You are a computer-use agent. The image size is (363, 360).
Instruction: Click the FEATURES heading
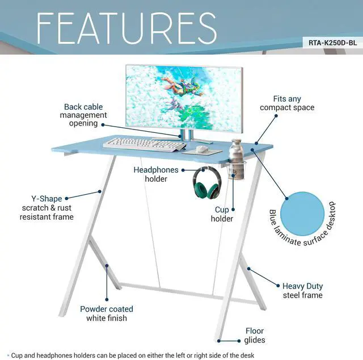click(126, 28)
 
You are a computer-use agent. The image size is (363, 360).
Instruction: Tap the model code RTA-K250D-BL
click(334, 41)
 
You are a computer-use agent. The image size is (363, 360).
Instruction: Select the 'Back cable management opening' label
click(85, 115)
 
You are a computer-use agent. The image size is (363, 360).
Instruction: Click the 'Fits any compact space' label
click(286, 103)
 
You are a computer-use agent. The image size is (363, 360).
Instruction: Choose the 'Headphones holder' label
click(156, 174)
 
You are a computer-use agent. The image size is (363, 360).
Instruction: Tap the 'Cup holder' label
click(222, 214)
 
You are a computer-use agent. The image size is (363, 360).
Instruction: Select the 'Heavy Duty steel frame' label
click(302, 290)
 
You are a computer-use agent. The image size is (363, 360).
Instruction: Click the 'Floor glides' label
click(255, 336)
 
